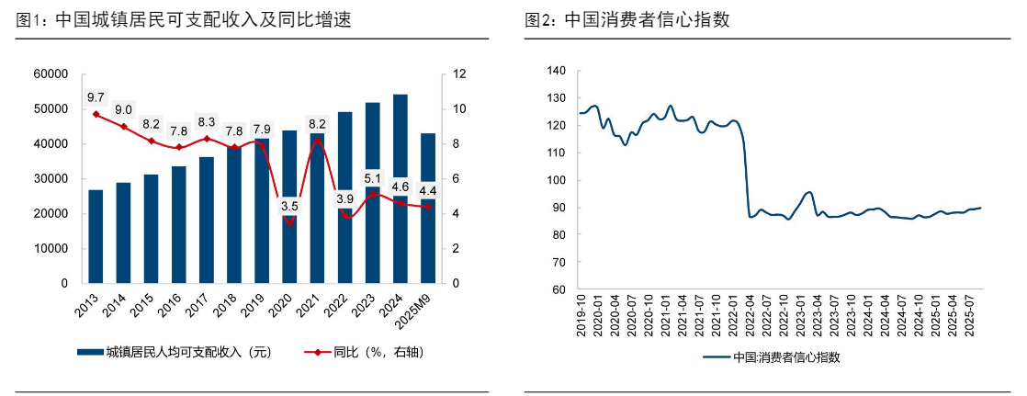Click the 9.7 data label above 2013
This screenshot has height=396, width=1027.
(96, 97)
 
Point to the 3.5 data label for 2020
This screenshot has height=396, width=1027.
(289, 206)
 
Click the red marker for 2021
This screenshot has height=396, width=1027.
(317, 141)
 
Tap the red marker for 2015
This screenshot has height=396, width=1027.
(151, 141)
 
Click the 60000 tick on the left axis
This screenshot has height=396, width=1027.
(51, 74)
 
